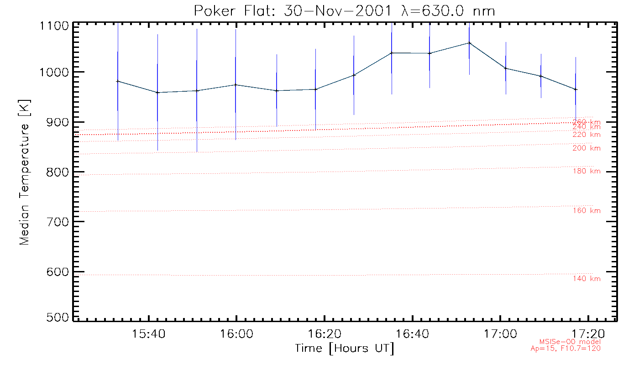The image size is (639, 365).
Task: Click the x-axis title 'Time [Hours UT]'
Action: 345,349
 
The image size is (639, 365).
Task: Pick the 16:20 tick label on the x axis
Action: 325,334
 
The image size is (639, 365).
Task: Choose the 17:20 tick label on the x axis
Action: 588,334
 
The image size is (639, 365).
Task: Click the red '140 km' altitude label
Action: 587,279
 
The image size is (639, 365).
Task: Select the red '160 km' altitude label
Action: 587,211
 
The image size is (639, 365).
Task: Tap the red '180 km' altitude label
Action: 587,171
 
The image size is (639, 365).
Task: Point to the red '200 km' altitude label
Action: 587,148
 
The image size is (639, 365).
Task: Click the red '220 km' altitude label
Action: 587,135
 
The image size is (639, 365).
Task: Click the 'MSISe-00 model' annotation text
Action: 570,342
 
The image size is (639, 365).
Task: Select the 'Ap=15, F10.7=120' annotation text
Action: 566,349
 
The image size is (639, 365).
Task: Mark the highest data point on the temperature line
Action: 469,43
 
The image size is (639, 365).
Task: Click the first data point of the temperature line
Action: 118,81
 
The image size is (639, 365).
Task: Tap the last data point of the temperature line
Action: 576,89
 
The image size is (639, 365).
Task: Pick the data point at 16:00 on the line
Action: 236,84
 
